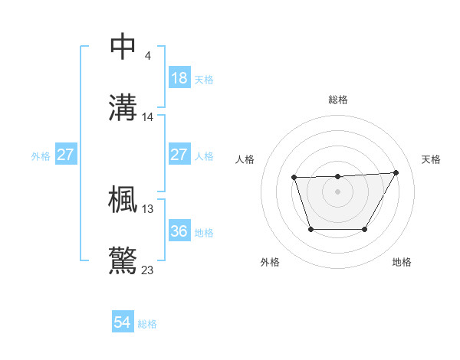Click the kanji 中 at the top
click(123, 47)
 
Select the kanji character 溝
click(123, 108)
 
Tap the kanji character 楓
click(123, 199)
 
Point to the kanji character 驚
click(123, 260)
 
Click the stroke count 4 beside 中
click(147, 56)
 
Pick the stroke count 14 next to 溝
click(148, 117)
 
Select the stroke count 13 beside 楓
click(148, 208)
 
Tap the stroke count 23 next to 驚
click(148, 270)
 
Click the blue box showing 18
click(179, 78)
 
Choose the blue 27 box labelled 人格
click(179, 155)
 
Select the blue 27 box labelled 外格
click(65, 155)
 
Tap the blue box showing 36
click(179, 231)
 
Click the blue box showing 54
click(123, 322)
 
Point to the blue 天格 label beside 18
click(204, 80)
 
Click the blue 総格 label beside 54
click(147, 324)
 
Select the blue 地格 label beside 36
click(204, 233)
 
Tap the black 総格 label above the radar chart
click(337, 100)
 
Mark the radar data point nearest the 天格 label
click(396, 173)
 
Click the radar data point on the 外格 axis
click(310, 229)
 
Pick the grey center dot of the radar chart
click(337, 191)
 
